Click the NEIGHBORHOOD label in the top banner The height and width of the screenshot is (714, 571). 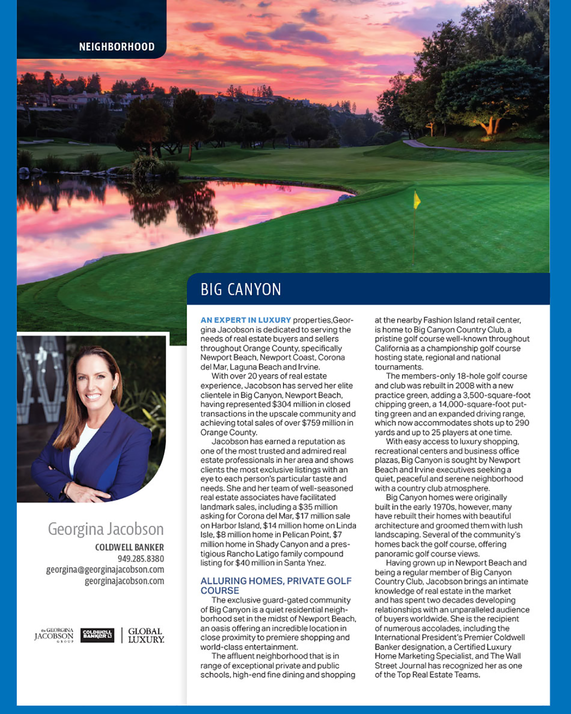tap(116, 47)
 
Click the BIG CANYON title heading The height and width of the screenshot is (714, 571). tap(241, 290)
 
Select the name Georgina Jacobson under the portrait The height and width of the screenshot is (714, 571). tap(105, 529)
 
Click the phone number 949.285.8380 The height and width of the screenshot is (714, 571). tap(141, 559)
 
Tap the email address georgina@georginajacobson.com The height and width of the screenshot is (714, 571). tap(105, 570)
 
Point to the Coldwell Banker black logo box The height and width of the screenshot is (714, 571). tap(98, 635)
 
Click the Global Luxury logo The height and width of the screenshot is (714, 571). tap(146, 635)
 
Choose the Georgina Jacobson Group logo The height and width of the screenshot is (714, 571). tap(54, 635)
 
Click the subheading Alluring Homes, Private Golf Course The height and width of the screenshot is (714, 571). tap(276, 586)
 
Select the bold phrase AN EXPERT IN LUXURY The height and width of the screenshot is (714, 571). tap(246, 320)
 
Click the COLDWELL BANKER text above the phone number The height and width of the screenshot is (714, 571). tap(129, 548)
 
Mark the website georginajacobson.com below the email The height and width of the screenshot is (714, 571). tap(124, 581)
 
